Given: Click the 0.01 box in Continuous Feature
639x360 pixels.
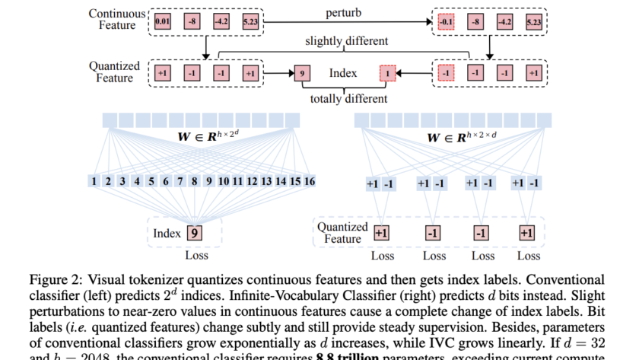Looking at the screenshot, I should (162, 22).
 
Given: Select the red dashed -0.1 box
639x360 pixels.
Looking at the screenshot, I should (445, 22).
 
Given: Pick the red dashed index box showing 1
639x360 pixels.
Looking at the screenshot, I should (388, 75).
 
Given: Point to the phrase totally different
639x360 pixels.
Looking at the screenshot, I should (348, 99).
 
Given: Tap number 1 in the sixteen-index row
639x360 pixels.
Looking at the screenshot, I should (94, 181).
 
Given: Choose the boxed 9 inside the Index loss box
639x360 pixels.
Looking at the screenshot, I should (195, 233).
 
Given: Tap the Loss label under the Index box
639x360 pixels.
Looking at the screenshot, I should (196, 256).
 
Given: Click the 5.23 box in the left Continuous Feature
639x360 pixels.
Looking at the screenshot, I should (250, 22).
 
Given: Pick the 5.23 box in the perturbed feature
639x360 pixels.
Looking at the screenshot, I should (533, 22).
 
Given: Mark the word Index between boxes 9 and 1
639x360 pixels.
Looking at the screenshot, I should (343, 75).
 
